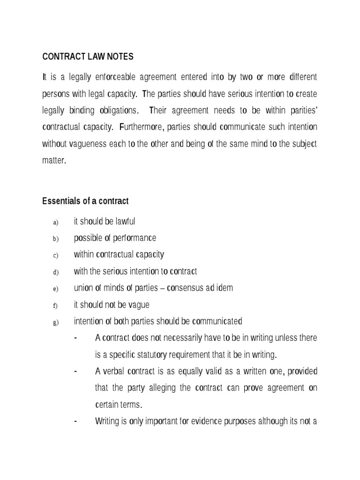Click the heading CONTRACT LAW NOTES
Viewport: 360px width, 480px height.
click(x=88, y=57)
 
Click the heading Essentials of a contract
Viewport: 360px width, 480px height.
click(x=85, y=201)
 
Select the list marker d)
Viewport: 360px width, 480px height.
click(x=55, y=272)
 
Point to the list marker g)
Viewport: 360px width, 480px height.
click(x=55, y=322)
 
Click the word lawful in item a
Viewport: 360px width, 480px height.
click(x=123, y=221)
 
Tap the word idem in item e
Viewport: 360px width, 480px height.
click(x=225, y=288)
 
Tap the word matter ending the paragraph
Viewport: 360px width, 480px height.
click(x=53, y=160)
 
